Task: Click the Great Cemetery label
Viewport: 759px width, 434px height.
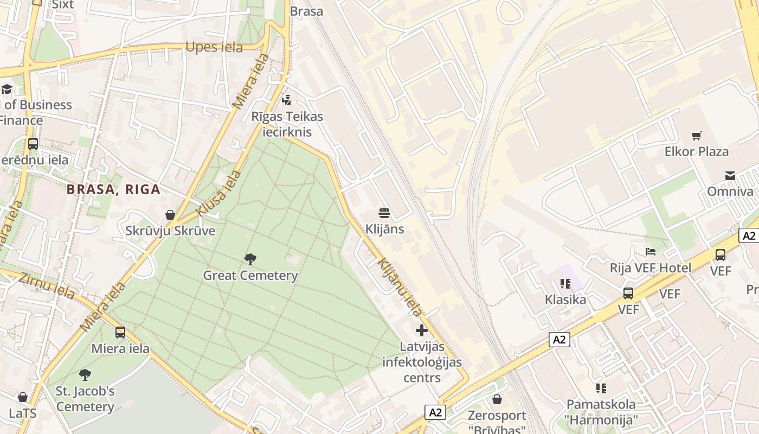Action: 250,276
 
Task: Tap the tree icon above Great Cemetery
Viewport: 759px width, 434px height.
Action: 250,259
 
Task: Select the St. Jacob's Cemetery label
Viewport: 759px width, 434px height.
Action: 85,399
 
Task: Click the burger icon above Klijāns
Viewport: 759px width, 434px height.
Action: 384,212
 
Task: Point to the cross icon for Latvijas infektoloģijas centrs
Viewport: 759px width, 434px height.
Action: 422,330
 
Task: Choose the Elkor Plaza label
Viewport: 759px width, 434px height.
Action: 696,151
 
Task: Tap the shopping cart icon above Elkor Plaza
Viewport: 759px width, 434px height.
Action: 696,136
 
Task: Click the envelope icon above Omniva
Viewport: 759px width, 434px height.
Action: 730,175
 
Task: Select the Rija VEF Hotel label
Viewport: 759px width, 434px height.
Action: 651,267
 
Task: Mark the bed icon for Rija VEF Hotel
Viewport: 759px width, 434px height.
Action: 651,251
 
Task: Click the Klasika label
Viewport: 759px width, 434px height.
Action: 565,299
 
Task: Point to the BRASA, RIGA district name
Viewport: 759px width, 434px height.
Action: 113,189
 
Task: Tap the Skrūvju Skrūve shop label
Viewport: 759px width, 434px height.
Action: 170,231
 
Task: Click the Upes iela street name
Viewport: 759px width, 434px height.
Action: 214,47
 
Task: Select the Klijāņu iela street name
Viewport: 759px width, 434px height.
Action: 400,287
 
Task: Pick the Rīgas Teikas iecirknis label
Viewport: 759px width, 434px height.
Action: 287,124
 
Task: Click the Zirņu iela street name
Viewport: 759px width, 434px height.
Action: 47,286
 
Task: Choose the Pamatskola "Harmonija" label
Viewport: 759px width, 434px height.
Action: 601,412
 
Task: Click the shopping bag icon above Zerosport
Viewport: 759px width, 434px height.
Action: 497,399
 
